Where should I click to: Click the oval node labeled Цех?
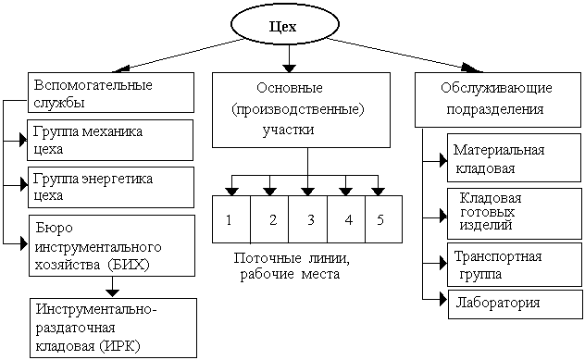click(x=287, y=26)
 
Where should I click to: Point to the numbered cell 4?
click(x=347, y=220)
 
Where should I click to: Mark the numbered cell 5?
click(x=383, y=220)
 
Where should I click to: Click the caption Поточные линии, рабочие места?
click(x=296, y=266)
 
